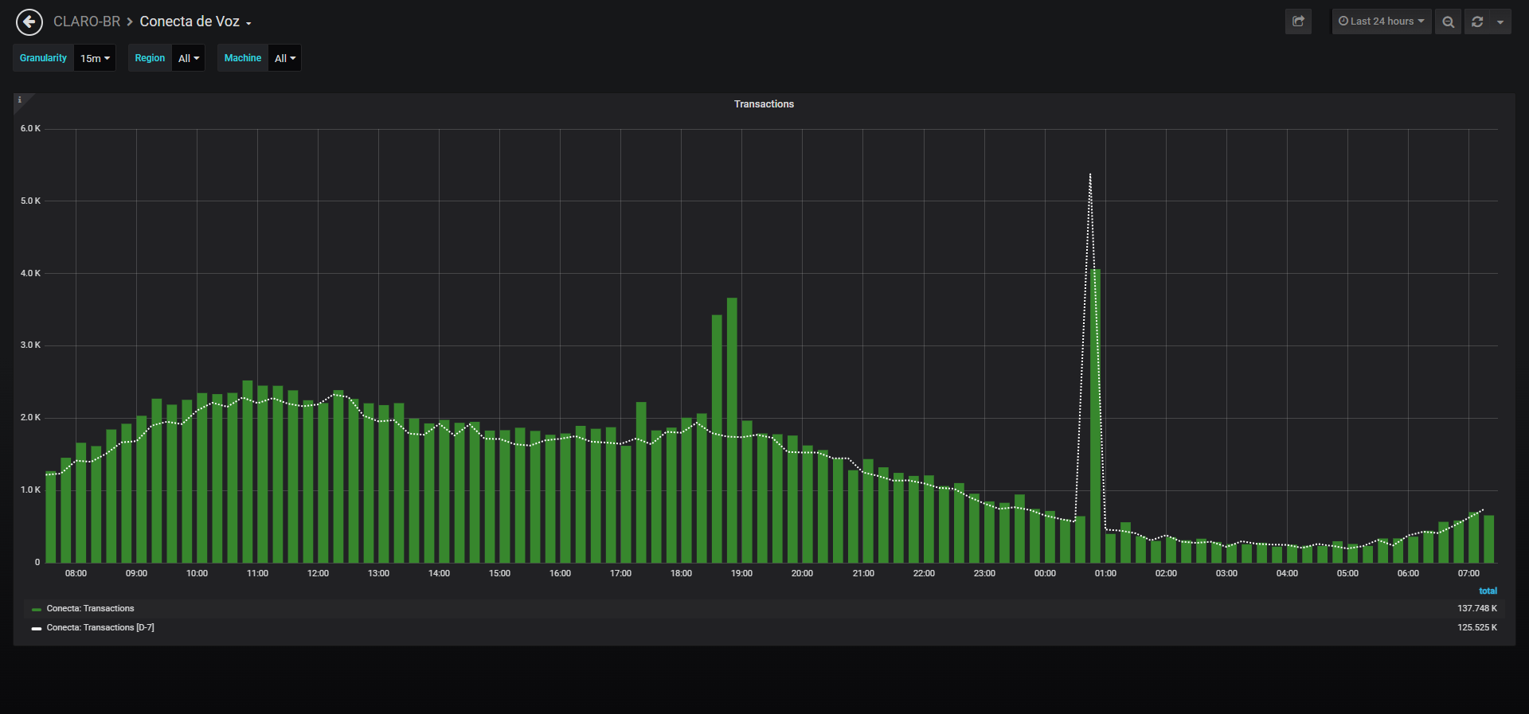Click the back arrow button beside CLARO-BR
[29, 22]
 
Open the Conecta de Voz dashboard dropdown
[195, 22]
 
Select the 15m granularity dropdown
[95, 58]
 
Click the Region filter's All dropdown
[189, 58]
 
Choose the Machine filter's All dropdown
[285, 58]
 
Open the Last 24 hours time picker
[1382, 21]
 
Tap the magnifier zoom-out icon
[1449, 21]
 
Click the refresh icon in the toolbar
[1477, 21]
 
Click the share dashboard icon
[1298, 21]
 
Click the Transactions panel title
[764, 104]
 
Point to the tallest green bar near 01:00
[1096, 416]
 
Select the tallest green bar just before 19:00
[732, 430]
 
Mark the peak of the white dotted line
[1090, 174]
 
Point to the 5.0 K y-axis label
[30, 201]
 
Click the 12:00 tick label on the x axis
[318, 573]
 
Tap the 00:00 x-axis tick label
[1045, 573]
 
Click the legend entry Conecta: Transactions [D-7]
[100, 627]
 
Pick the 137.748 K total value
[1477, 608]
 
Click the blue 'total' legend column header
[1488, 591]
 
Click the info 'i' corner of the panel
[20, 100]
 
